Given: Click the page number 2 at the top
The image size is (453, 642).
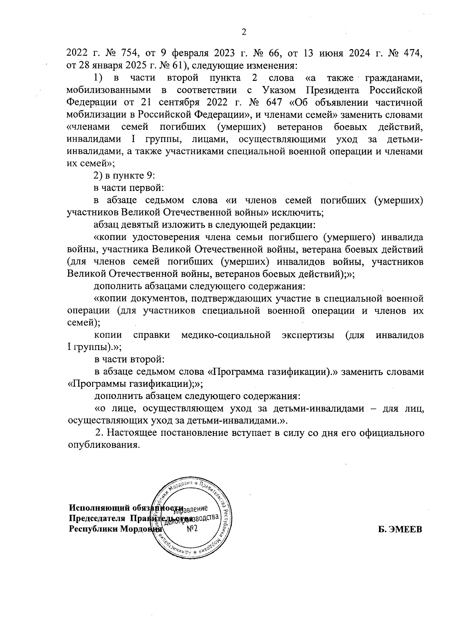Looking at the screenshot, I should pyautogui.click(x=243, y=32).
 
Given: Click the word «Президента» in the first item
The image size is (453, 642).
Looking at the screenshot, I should pyautogui.click(x=332, y=90).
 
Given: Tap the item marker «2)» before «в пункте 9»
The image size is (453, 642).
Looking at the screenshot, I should pyautogui.click(x=99, y=176).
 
